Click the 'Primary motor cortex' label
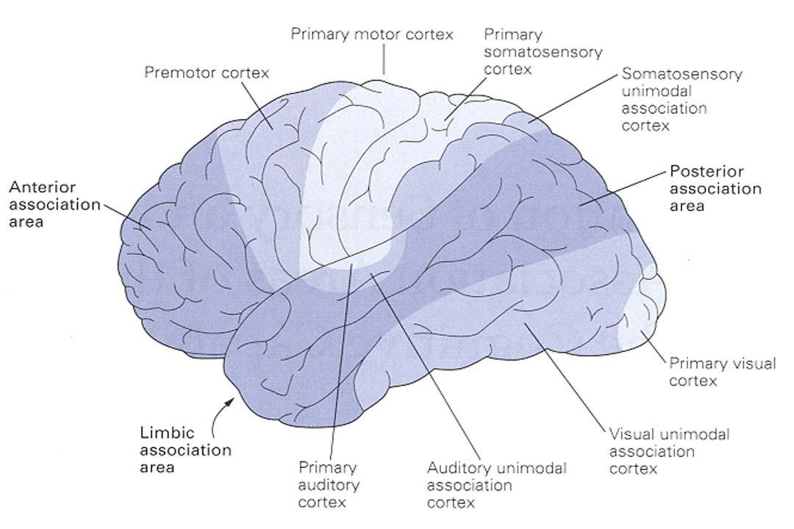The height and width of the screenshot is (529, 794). click(372, 35)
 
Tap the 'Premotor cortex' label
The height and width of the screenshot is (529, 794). click(207, 73)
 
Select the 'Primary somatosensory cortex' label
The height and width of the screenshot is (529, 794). click(543, 51)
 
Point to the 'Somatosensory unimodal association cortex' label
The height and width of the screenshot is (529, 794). click(682, 99)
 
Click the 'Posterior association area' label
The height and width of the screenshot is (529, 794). click(715, 188)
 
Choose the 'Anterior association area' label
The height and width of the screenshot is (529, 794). click(54, 204)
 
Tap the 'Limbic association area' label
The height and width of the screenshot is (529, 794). click(185, 450)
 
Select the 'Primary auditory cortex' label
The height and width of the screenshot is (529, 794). click(329, 484)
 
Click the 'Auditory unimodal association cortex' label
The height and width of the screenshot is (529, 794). click(496, 485)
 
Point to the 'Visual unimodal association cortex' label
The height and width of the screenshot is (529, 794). click(669, 451)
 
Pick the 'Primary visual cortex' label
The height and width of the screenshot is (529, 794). click(723, 372)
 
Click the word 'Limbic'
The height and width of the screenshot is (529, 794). click(167, 433)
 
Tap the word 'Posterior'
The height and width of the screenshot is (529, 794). click(707, 171)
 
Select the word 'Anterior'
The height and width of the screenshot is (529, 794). click(43, 187)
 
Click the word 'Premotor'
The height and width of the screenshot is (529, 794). click(179, 73)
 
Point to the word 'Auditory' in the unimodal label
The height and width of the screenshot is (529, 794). click(459, 468)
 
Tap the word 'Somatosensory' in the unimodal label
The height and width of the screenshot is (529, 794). click(682, 74)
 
